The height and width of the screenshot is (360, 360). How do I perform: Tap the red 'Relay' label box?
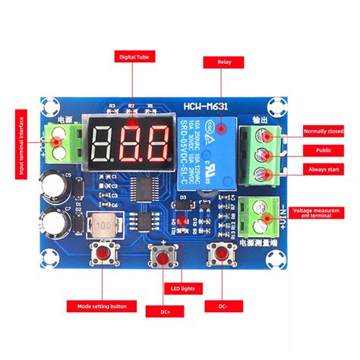click(223, 62)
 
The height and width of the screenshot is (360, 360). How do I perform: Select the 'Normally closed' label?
click(324, 131)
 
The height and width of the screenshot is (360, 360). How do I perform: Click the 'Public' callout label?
click(324, 150)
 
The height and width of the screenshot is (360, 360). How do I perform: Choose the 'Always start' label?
click(324, 169)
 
